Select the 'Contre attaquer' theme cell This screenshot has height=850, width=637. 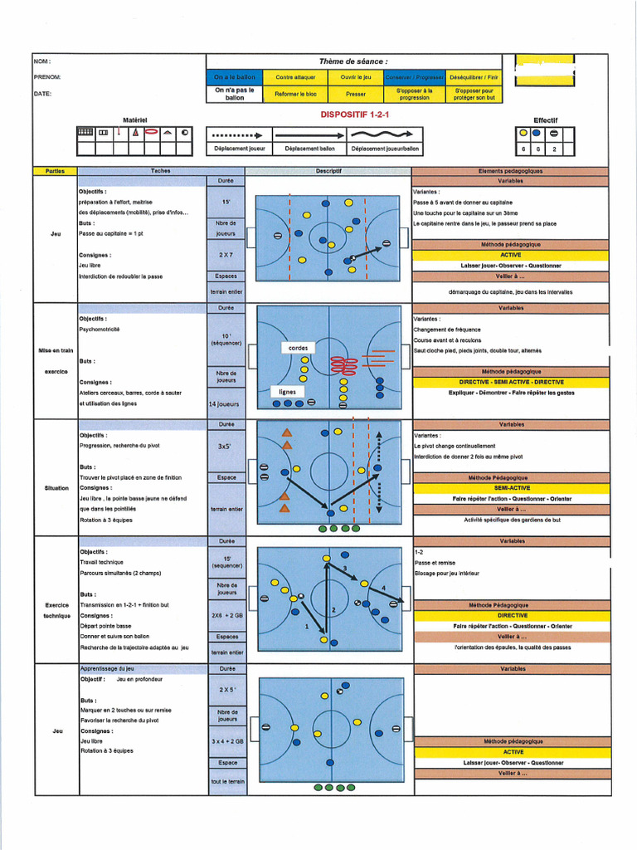click(295, 77)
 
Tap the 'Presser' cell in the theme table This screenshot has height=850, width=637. click(356, 94)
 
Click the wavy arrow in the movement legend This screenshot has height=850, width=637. click(385, 134)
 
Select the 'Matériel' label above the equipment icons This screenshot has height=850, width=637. click(134, 120)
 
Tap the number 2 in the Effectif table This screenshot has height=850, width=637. click(554, 149)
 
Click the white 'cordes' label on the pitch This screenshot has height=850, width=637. click(299, 348)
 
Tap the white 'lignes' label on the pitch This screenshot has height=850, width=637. click(287, 391)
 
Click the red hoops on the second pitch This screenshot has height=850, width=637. click(343, 364)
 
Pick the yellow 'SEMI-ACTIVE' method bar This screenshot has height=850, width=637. click(512, 488)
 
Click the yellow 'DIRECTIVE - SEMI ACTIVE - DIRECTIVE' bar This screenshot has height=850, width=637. click(512, 382)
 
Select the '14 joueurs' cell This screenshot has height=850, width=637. click(226, 404)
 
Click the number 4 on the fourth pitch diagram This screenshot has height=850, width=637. click(382, 588)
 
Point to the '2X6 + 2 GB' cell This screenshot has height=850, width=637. click(226, 615)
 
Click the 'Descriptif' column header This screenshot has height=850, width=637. click(329, 171)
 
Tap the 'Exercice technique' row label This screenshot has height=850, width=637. click(56, 610)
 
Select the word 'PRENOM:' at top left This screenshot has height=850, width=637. click(47, 77)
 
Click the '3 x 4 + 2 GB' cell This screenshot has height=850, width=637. click(226, 740)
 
